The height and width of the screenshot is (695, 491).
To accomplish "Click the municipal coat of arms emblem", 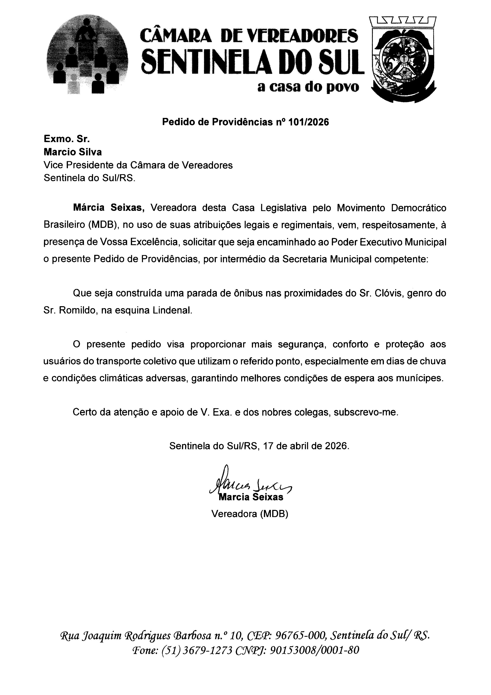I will coord(403,59).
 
